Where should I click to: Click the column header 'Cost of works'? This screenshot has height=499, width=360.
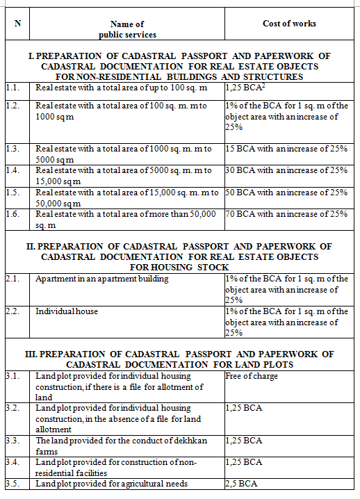point(289,24)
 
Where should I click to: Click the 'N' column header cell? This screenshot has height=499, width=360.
point(17,24)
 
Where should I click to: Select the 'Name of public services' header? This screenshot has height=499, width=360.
point(127,29)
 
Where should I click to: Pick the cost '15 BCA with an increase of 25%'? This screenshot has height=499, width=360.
point(286,150)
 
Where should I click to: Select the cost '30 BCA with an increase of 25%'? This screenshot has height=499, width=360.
point(286,170)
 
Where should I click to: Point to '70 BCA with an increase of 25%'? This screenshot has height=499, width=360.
point(286,214)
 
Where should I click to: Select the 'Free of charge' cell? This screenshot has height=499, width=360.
point(250,376)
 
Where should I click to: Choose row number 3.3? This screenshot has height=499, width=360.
point(11,441)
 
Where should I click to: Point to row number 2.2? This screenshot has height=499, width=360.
point(11,312)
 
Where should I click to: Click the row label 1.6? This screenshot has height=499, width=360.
point(11,214)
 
